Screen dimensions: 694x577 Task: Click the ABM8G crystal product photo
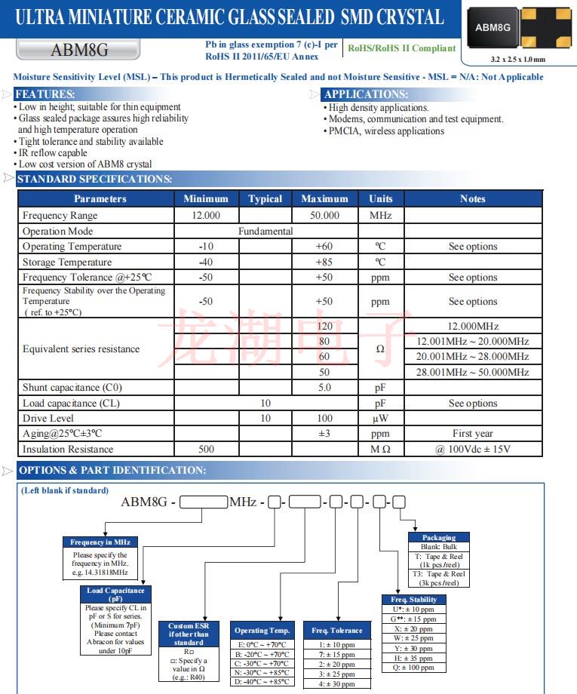pyautogui.click(x=520, y=28)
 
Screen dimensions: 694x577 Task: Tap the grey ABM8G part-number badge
pyautogui.click(x=78, y=51)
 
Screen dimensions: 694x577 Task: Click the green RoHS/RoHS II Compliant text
pyautogui.click(x=401, y=48)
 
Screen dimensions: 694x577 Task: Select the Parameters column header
pyautogui.click(x=100, y=198)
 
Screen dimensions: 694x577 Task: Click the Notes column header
pyautogui.click(x=472, y=198)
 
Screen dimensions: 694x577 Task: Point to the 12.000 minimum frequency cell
pyautogui.click(x=206, y=215)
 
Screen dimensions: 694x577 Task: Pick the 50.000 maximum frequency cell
pyautogui.click(x=324, y=215)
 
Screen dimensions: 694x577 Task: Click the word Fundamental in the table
pyautogui.click(x=265, y=231)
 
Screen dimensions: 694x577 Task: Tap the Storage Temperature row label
pyautogui.click(x=67, y=262)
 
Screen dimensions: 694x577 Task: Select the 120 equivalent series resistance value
pyautogui.click(x=324, y=326)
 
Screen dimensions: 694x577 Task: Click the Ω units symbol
pyautogui.click(x=380, y=349)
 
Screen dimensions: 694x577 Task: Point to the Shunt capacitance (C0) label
pyautogui.click(x=72, y=388)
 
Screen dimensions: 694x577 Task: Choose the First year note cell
pyautogui.click(x=472, y=434)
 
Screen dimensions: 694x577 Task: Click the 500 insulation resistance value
pyautogui.click(x=206, y=449)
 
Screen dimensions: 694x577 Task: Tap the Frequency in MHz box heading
pyautogui.click(x=100, y=542)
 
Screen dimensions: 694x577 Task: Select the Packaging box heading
pyautogui.click(x=439, y=538)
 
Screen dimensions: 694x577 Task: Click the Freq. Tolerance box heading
pyautogui.click(x=336, y=630)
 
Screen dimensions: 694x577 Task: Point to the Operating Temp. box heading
pyautogui.click(x=262, y=630)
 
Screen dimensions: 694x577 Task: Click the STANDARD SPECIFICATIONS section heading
pyautogui.click(x=94, y=179)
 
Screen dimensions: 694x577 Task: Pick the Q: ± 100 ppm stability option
pyautogui.click(x=413, y=668)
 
